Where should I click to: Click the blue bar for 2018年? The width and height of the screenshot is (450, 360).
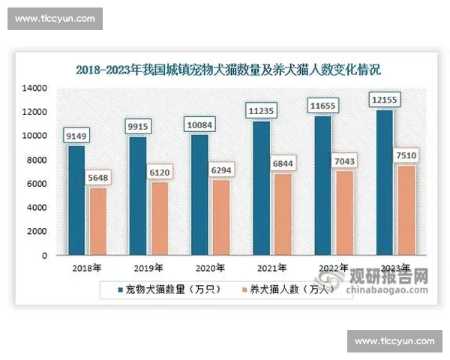[77, 200]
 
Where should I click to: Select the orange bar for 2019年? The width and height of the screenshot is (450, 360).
[159, 218]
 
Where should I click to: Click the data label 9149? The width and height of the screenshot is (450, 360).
[77, 136]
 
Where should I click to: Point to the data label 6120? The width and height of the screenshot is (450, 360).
[159, 172]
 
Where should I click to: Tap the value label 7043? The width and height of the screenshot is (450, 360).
[345, 161]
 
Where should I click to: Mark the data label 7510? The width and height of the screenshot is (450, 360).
[406, 155]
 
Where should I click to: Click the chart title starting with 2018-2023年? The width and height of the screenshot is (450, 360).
[229, 70]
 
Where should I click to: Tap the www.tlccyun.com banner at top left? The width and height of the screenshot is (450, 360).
[55, 19]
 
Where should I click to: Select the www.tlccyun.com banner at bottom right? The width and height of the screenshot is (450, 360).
[394, 341]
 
